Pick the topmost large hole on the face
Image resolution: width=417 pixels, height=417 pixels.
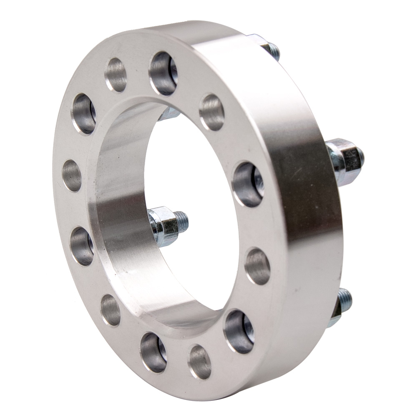pyautogui.click(x=163, y=73)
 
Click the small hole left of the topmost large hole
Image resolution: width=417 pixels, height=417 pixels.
pyautogui.click(x=116, y=75)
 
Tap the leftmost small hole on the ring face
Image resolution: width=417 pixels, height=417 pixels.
pyautogui.click(x=72, y=176)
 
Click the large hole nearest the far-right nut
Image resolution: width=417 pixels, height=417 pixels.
pyautogui.click(x=248, y=184)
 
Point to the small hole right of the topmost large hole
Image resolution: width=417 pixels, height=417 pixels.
pyautogui.click(x=212, y=112)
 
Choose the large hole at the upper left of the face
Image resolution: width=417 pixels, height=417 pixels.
pyautogui.click(x=84, y=114)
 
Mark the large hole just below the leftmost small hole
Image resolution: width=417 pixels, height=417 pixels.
pyautogui.click(x=82, y=246)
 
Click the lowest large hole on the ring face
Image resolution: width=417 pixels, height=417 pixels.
pyautogui.click(x=153, y=352)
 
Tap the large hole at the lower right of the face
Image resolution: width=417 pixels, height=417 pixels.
pyautogui.click(x=239, y=332)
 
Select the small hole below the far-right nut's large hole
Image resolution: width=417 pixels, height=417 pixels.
pyautogui.click(x=257, y=266)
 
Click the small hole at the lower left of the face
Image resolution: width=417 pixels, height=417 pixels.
pyautogui.click(x=111, y=310)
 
